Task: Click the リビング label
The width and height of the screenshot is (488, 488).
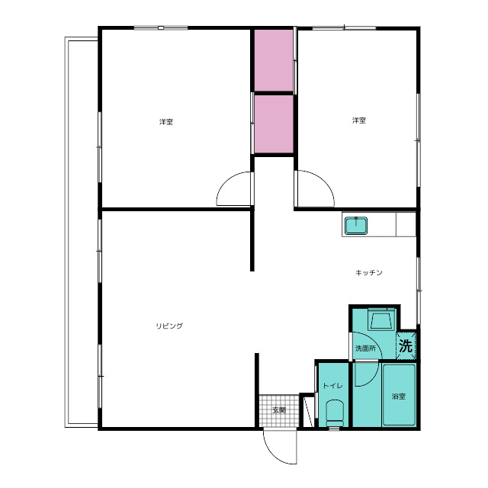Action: click(x=169, y=326)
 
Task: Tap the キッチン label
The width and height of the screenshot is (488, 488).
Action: click(x=369, y=273)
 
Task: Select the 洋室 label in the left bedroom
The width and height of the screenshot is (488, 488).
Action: click(x=166, y=122)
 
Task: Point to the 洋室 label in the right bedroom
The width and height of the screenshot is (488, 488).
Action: click(x=359, y=120)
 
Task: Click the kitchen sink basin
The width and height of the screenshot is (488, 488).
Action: click(x=356, y=225)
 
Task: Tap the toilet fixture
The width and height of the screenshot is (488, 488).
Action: click(x=335, y=413)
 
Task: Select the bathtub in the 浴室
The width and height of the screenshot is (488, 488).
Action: click(x=399, y=394)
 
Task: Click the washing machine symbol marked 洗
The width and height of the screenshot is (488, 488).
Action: click(x=406, y=345)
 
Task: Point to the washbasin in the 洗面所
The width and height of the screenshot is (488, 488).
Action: click(x=381, y=319)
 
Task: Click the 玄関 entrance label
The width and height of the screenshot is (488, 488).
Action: click(x=279, y=410)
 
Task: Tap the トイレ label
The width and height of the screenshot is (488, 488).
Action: click(x=332, y=386)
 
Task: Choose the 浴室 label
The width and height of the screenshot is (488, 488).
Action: click(x=399, y=396)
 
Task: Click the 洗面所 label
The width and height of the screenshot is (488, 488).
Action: click(x=365, y=348)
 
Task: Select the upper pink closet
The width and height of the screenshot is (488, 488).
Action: click(x=274, y=60)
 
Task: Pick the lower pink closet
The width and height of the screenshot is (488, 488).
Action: click(x=274, y=124)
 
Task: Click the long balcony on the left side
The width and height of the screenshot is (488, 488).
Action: click(x=82, y=232)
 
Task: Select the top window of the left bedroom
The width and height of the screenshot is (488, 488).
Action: click(x=161, y=28)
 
